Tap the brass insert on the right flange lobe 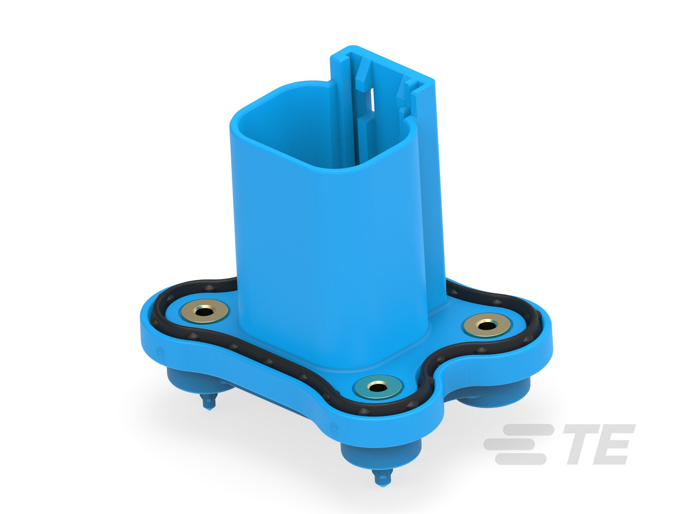[x=486, y=325]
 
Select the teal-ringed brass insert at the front [x=378, y=387]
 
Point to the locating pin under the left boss [x=208, y=402]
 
